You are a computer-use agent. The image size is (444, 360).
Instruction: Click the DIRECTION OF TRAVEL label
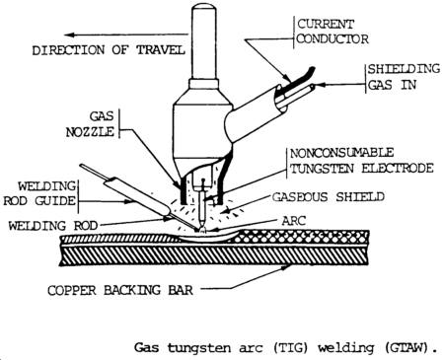109,50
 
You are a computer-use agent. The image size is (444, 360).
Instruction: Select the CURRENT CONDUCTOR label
333,32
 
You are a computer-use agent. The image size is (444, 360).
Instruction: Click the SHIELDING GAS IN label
404,77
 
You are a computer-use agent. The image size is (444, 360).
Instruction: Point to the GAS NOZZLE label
91,124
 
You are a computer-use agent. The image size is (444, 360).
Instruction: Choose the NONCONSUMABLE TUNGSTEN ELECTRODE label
361,161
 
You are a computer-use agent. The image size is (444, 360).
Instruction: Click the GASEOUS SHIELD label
329,197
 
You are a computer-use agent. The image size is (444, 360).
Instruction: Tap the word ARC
294,221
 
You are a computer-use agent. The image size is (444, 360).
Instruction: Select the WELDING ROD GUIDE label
40,193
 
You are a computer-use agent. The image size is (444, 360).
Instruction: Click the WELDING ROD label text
53,226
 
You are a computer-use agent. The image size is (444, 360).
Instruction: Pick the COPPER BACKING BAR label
120,290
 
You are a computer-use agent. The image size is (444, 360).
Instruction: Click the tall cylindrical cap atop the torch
204,41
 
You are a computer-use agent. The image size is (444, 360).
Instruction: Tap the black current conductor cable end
301,74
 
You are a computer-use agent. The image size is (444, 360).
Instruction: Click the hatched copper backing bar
214,256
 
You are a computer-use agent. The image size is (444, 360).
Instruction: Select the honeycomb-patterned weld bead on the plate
304,237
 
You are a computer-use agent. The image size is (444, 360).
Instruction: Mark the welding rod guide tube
138,198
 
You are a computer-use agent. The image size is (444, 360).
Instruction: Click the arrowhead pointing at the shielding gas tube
320,85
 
